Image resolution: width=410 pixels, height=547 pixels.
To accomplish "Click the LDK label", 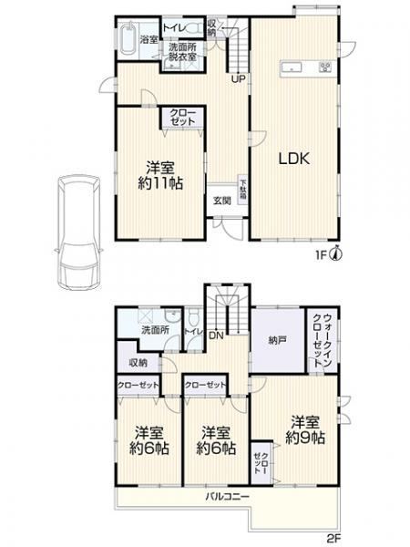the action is (294, 159).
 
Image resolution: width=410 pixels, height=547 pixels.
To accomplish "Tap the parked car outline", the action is (79, 232).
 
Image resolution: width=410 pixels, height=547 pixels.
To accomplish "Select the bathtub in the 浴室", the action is (128, 38).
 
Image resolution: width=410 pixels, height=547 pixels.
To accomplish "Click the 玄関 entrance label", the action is (222, 201).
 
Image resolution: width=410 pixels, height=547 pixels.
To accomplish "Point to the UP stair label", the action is (239, 79).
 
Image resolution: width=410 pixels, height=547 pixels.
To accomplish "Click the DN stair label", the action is (217, 335).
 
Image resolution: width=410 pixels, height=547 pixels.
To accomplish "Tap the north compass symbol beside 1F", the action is (335, 253).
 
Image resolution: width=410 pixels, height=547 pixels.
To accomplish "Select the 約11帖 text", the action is (160, 183).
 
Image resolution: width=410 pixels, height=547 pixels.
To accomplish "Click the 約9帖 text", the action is (305, 438).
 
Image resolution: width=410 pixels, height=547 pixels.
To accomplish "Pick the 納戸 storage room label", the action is (278, 340).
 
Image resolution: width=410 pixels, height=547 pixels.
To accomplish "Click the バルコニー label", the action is (227, 496).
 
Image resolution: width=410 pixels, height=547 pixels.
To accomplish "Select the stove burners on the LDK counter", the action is (327, 67).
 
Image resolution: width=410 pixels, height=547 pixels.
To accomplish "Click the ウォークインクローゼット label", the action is (323, 340).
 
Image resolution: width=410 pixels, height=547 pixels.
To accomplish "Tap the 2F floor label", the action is (333, 538).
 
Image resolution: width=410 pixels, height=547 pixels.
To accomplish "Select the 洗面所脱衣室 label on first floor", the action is (183, 52).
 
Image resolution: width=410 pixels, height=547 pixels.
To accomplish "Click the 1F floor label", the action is (321, 255).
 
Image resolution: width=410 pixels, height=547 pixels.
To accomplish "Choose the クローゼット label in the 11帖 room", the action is (183, 117).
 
